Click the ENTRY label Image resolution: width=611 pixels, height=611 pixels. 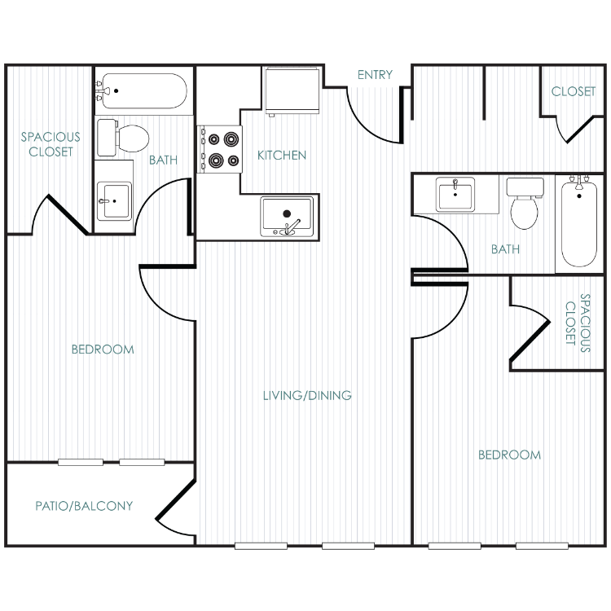pos(375,74)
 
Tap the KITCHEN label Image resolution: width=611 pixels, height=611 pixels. pos(282,155)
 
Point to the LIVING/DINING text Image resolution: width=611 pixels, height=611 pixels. pos(307,395)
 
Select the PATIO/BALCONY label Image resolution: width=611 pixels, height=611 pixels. pos(84,506)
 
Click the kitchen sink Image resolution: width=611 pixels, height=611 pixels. pos(288,217)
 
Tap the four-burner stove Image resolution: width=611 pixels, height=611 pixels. pos(220,149)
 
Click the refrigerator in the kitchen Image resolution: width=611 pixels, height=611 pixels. pos(292,90)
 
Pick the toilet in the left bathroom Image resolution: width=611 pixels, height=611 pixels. pos(123,138)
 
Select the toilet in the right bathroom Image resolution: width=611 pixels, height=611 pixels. pos(525,204)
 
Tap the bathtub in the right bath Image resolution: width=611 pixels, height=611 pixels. pos(579,224)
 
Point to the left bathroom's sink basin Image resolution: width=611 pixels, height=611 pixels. pos(114,201)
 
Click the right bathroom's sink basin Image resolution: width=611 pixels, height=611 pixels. pos(455,194)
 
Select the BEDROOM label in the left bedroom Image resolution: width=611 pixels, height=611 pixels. pos(103,349)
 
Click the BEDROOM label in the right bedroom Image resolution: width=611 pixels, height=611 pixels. pos(509,455)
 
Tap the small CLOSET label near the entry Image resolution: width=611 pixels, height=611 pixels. pos(574,91)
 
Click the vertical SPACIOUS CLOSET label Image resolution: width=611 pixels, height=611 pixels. pos(578,323)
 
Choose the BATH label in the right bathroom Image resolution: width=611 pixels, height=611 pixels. pos(505,249)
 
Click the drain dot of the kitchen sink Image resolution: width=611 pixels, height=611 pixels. pos(287,213)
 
